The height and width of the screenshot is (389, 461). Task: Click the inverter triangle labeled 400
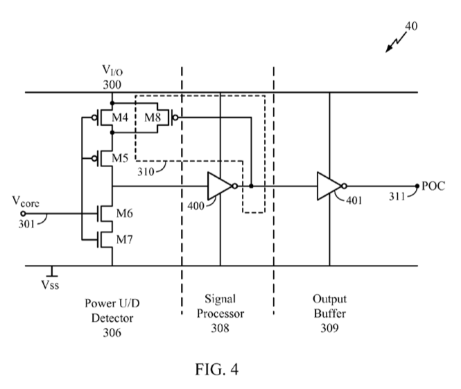tap(220, 186)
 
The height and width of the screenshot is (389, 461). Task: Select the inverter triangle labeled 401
tap(329, 186)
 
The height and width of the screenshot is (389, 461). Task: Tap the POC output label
tap(433, 186)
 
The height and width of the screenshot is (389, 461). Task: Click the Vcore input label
tap(25, 202)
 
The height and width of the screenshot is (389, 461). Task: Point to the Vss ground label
tap(51, 284)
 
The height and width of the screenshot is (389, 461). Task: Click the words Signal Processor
tap(220, 306)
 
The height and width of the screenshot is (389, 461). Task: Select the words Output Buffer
tap(329, 306)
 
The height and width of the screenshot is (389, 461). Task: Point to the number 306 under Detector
tap(112, 332)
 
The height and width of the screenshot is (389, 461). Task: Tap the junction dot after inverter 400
tap(251, 186)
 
